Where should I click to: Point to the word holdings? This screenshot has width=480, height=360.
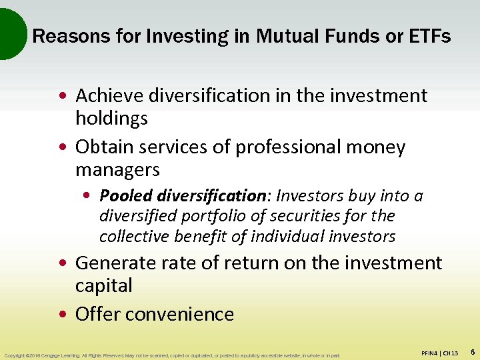111,119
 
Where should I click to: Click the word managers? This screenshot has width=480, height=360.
117,170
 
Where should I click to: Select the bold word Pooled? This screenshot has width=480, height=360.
125,196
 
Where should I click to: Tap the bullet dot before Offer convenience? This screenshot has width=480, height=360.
67,315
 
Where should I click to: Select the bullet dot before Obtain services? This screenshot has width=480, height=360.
67,147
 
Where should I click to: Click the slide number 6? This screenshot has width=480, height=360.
472,351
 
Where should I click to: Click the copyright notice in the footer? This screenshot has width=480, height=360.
171,355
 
